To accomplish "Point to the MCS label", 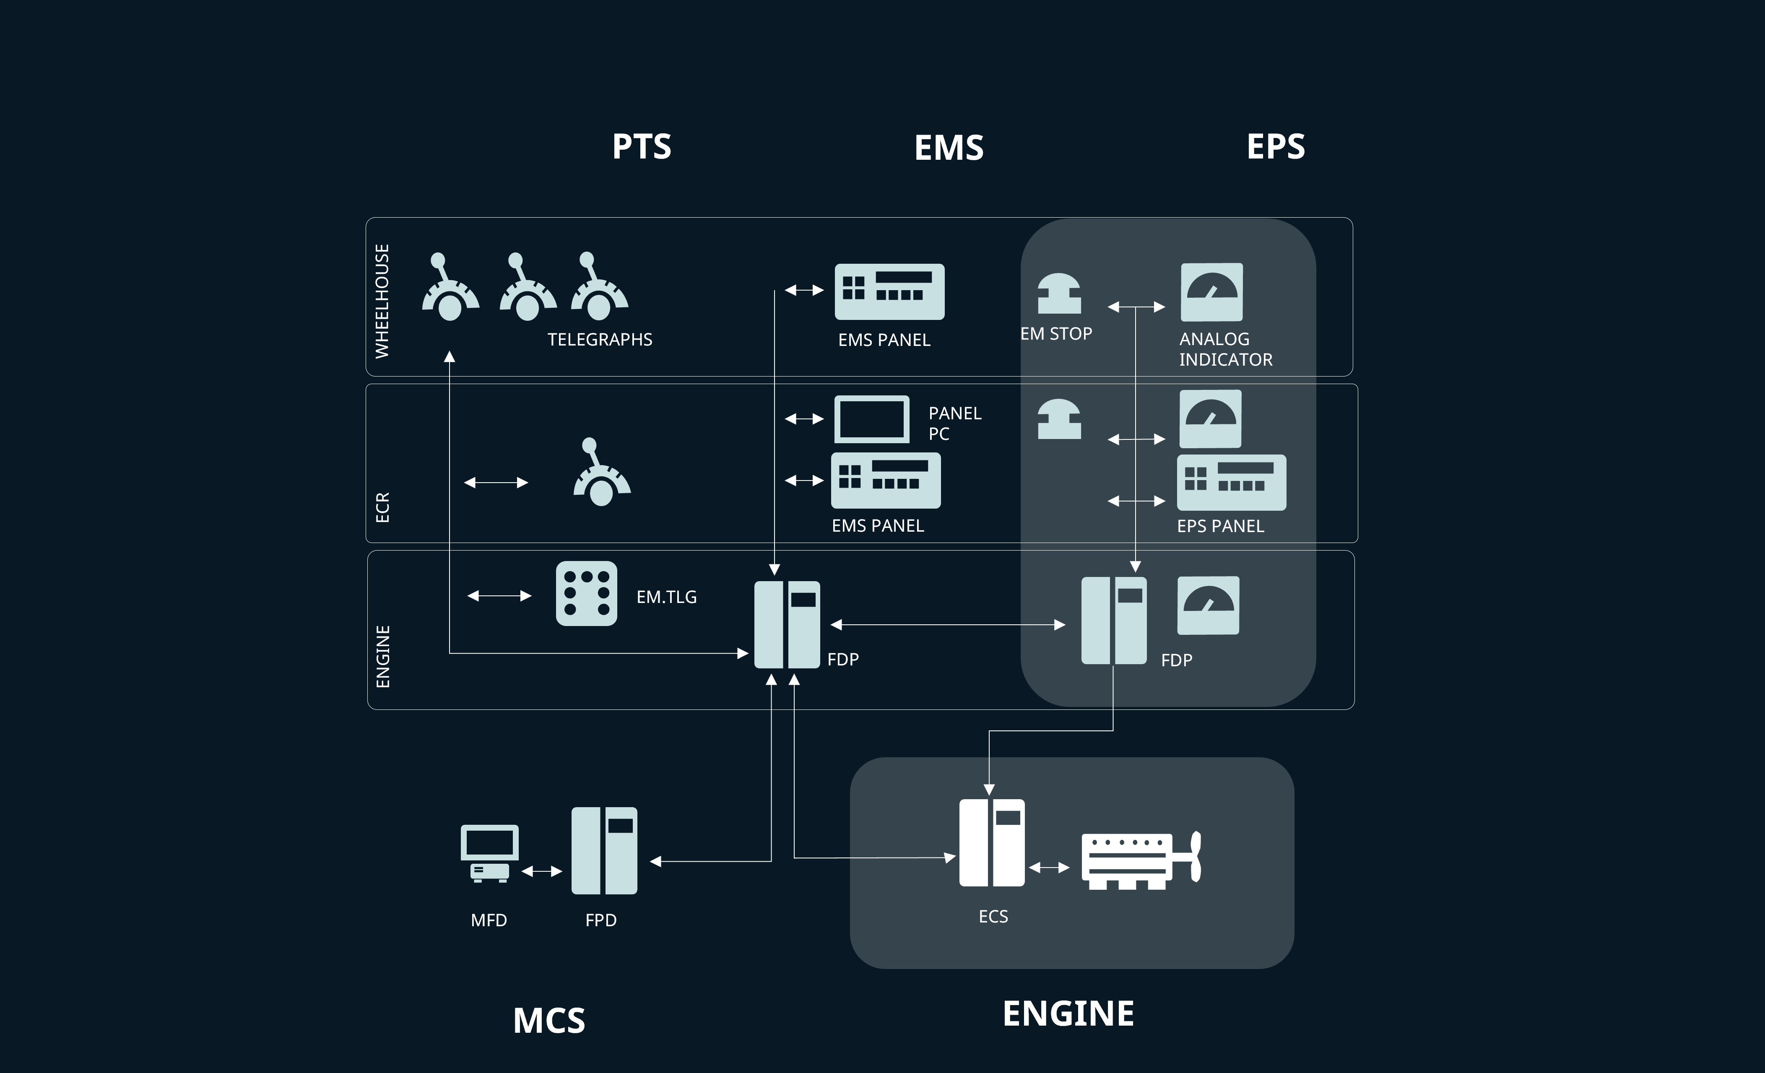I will click(548, 1020).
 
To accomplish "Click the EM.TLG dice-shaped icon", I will click(586, 593).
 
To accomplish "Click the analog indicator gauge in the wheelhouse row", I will click(1211, 292).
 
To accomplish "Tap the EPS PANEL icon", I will click(1231, 482).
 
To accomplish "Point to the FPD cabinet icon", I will click(604, 850).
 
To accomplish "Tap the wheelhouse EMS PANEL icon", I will click(889, 291).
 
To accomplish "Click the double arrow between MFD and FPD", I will click(541, 871).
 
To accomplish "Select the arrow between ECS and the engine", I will click(1050, 868).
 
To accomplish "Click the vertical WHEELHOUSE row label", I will click(382, 301).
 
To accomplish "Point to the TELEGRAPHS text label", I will click(600, 340).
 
